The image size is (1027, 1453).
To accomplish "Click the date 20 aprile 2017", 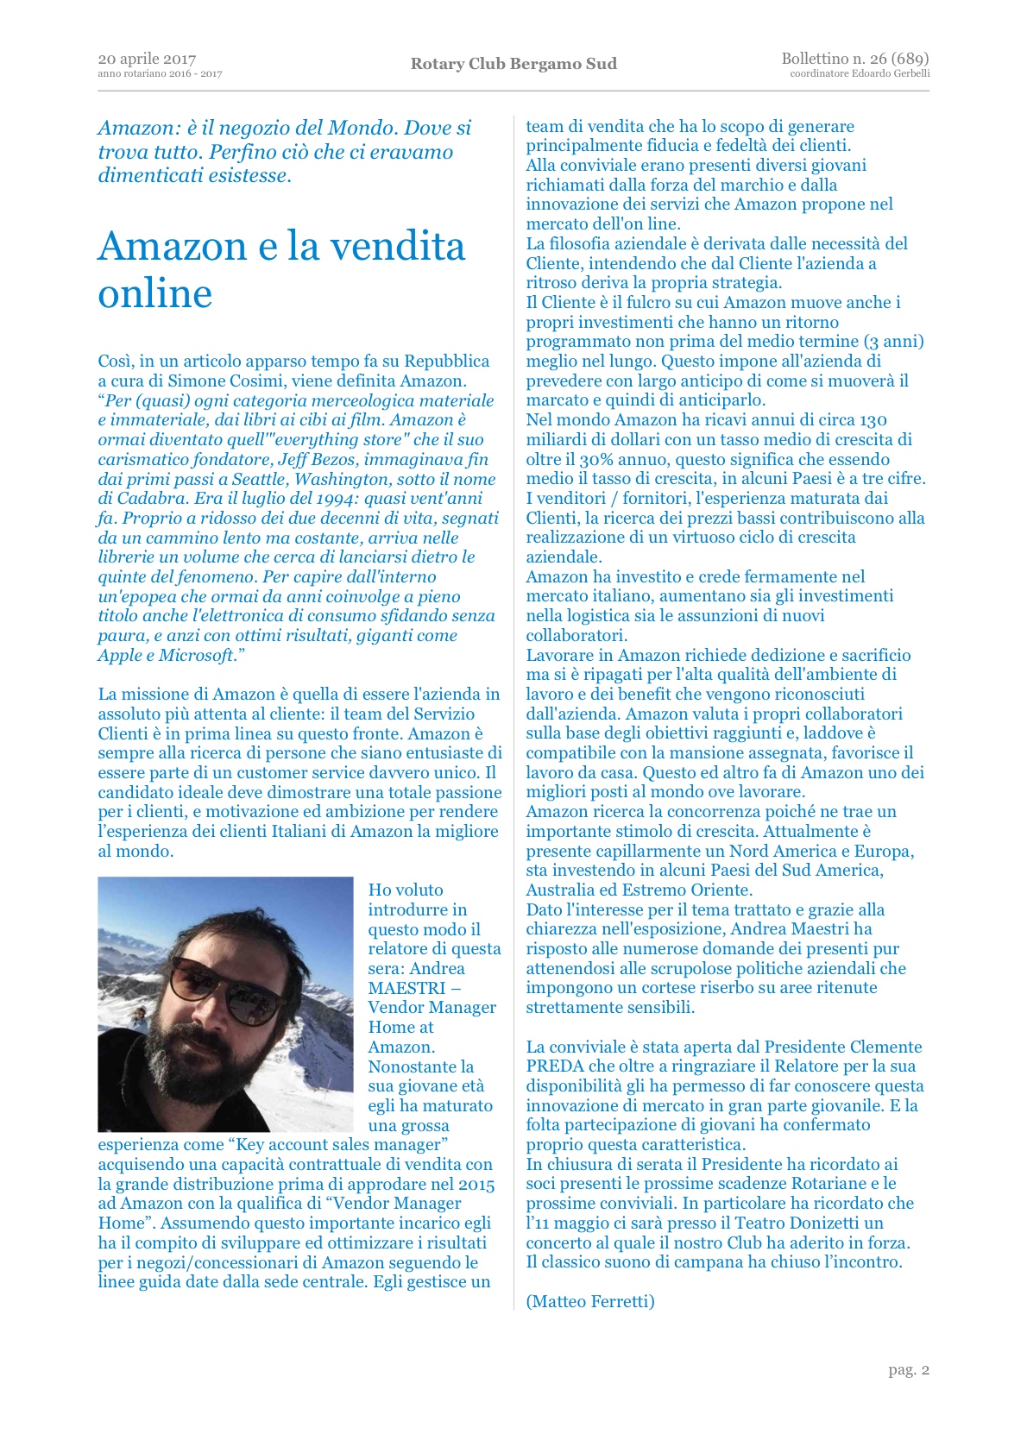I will coord(147,59).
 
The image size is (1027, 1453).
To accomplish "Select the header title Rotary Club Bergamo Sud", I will coord(513,64).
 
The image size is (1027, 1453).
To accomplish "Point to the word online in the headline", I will coord(155,294).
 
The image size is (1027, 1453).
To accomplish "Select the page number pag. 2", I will coord(909,1369).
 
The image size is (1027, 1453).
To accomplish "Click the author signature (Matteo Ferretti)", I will coord(590,1301).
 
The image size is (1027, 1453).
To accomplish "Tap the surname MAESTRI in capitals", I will coord(407,988).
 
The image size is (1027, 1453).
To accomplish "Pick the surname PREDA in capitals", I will coord(556,1066).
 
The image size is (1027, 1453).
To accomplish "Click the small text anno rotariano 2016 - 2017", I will coord(160,74).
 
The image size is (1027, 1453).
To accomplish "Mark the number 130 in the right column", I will coord(873,420).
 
